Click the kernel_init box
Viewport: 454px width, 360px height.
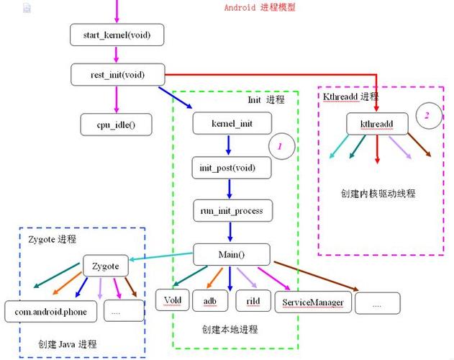tap(232, 124)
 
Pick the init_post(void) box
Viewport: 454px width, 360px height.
tap(232, 168)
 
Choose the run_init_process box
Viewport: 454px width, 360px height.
tap(232, 211)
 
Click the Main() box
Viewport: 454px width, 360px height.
tap(232, 254)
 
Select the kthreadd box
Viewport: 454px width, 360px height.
tap(377, 124)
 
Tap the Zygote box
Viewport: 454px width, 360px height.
tap(106, 266)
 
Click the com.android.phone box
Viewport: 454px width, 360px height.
tap(50, 310)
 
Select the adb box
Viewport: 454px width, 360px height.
tap(210, 300)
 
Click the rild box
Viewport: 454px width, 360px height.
tap(253, 300)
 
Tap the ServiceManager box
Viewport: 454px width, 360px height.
tap(313, 302)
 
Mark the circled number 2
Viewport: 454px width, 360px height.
tap(427, 115)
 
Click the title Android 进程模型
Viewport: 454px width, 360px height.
tap(260, 7)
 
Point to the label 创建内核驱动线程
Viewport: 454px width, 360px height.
tap(377, 193)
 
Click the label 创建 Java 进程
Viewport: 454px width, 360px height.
tap(68, 343)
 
